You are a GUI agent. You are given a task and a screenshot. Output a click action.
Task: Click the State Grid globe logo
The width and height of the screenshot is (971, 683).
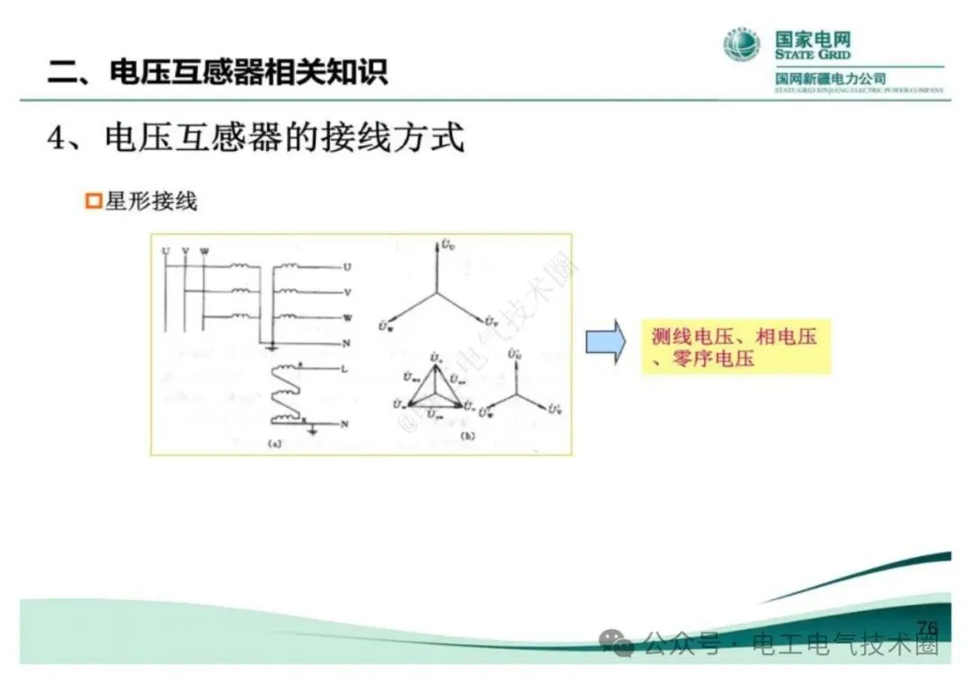click(742, 45)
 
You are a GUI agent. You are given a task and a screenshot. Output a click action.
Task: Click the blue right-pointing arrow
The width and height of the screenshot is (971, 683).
click(605, 342)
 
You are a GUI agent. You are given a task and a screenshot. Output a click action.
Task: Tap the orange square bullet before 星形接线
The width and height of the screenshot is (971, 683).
click(92, 201)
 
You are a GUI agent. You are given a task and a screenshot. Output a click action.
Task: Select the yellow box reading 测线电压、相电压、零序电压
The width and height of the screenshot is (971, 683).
click(735, 347)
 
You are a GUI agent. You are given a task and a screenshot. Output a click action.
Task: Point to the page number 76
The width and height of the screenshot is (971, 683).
click(927, 627)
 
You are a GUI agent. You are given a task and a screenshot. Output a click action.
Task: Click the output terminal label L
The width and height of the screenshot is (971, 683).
click(345, 368)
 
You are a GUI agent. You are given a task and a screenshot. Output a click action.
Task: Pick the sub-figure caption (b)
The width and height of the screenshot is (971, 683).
click(467, 436)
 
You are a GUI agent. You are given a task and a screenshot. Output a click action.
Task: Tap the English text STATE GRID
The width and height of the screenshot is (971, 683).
click(813, 56)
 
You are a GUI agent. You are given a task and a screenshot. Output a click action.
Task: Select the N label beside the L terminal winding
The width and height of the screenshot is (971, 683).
click(345, 422)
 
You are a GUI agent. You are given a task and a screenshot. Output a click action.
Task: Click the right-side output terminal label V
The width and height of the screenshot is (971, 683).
click(347, 292)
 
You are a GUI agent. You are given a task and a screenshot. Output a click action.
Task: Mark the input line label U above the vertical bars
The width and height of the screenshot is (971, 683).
click(165, 251)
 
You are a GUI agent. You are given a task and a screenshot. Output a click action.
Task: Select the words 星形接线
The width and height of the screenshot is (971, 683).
click(151, 201)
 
